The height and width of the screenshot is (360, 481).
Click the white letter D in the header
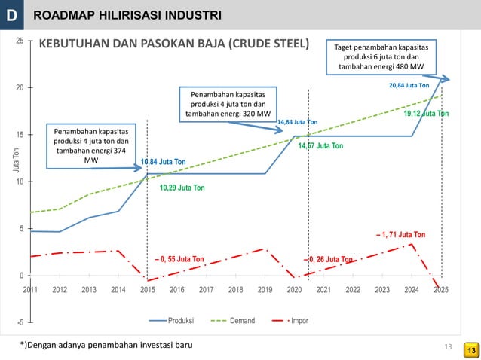click(x=14, y=14)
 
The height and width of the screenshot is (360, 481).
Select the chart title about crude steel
click(x=174, y=44)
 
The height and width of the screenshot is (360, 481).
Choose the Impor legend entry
click(x=299, y=320)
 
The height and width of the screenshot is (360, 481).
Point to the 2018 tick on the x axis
click(x=235, y=288)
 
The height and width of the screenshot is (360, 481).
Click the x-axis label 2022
click(x=353, y=288)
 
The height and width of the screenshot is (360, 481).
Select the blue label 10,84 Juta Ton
click(x=164, y=162)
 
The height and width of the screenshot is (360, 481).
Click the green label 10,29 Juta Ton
click(x=182, y=187)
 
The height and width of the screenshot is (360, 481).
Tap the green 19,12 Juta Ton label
click(x=426, y=114)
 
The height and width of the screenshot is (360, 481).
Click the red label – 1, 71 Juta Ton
click(x=400, y=235)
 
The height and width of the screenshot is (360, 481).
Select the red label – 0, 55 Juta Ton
click(x=179, y=260)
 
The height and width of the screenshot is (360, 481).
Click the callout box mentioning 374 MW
click(x=91, y=145)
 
